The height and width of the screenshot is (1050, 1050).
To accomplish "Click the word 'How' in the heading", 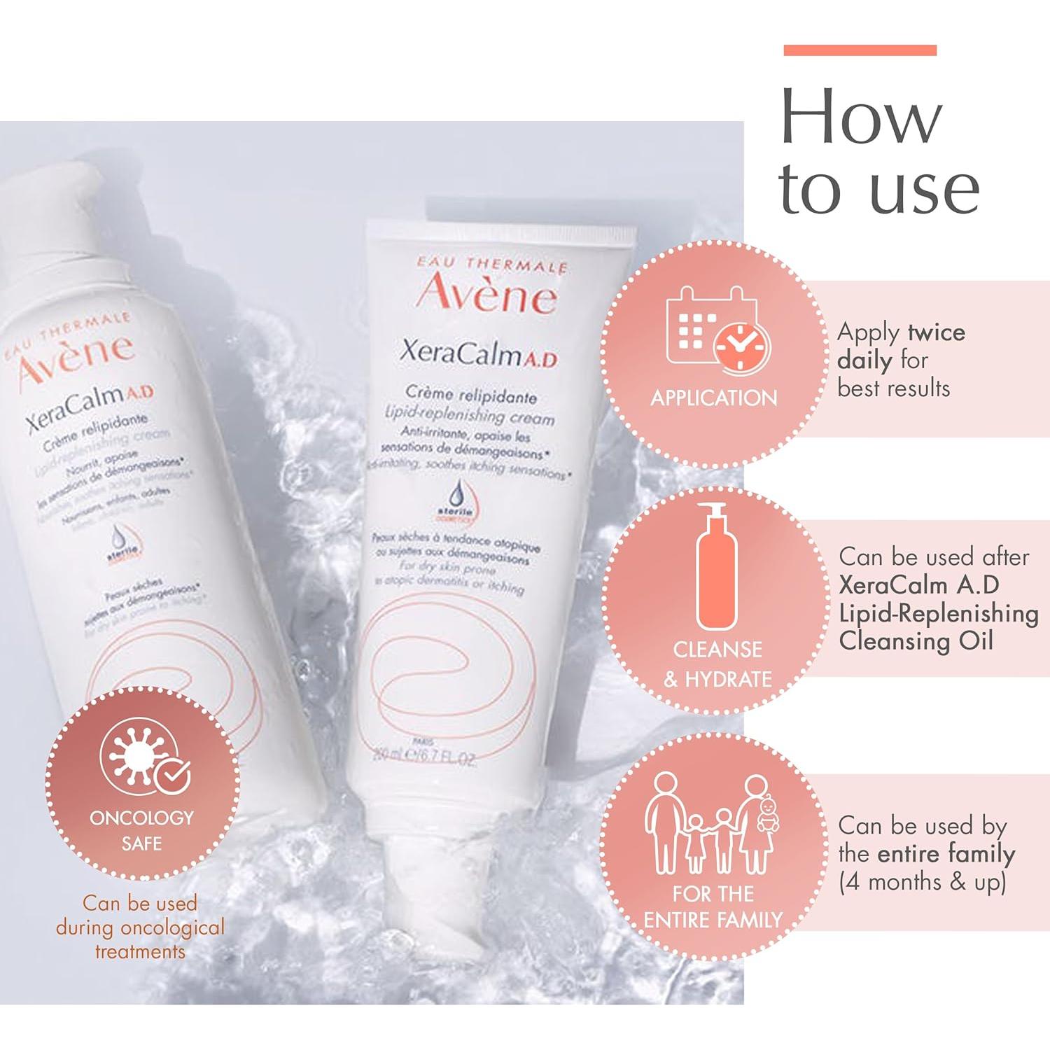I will pos(861,117).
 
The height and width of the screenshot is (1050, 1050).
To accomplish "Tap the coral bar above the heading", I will pos(860,50).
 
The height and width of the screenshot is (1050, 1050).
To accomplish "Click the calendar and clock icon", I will pos(717,329).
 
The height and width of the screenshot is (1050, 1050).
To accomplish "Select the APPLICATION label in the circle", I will pos(714,398).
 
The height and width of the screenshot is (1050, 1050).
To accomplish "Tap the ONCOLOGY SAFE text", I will pos(141,830).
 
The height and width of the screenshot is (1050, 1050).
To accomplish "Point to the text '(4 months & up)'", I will pos(922,881).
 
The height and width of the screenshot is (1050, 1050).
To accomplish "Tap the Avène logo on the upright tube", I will pos(487,294).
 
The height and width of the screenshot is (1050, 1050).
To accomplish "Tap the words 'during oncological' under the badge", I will pos(140,927).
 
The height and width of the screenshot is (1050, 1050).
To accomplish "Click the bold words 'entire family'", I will pos(946,853).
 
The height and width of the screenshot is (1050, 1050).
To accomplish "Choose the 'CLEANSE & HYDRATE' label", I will pos(717,664).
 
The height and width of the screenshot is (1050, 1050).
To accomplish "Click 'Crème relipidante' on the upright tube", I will pos(471,395).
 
